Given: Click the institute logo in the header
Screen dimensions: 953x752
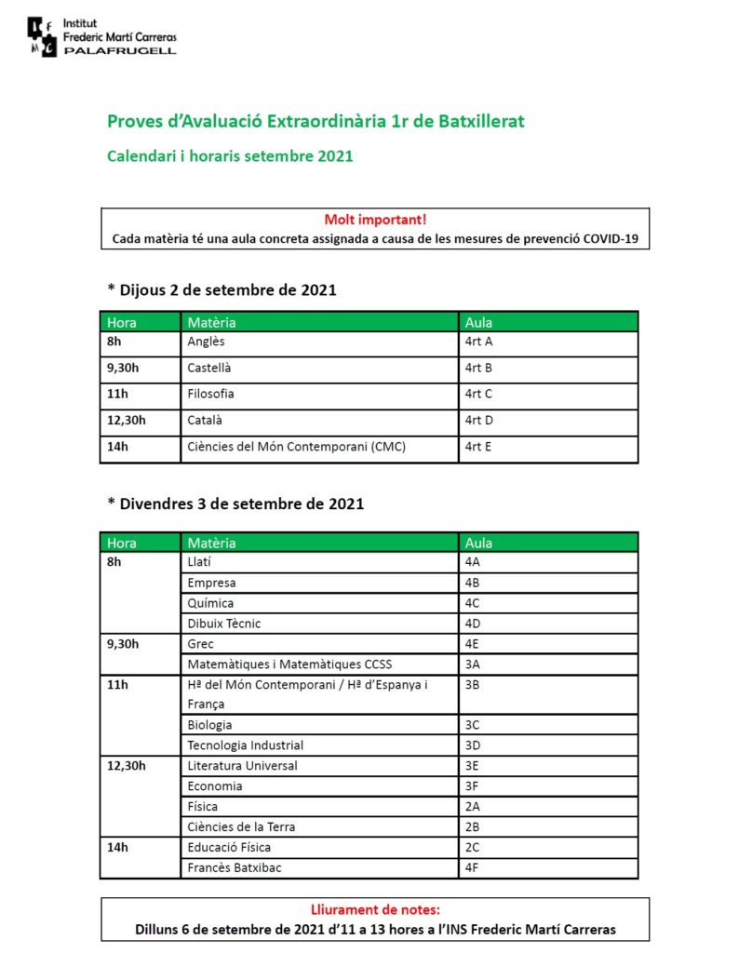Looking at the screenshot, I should pyautogui.click(x=43, y=35).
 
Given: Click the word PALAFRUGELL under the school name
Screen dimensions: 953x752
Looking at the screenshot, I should pyautogui.click(x=120, y=50).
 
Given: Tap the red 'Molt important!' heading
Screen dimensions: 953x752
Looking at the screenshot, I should pyautogui.click(x=375, y=220).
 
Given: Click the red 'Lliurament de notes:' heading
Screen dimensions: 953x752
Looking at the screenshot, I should pyautogui.click(x=375, y=909).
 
